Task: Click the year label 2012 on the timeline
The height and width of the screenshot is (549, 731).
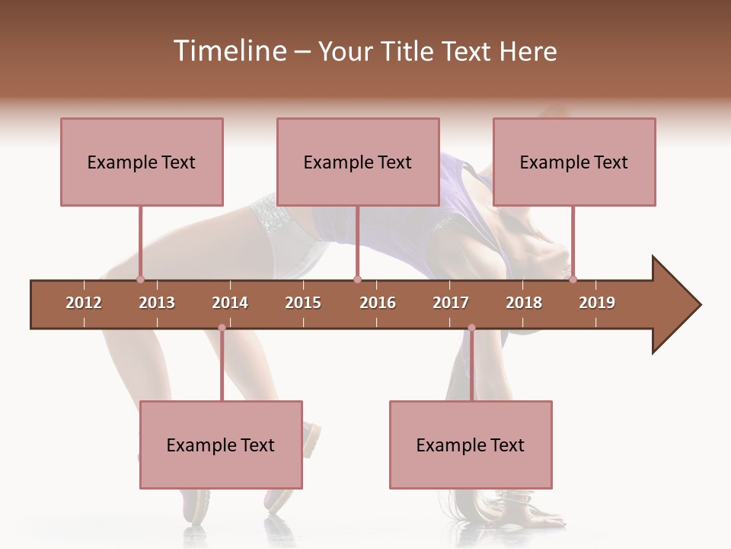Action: point(84,303)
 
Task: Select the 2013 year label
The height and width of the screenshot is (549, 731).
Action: point(157,303)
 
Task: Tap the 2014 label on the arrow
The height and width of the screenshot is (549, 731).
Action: point(230,303)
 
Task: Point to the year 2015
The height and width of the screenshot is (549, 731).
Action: point(303,303)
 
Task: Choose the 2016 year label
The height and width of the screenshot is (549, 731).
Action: point(378,303)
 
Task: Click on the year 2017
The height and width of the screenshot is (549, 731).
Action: point(451,303)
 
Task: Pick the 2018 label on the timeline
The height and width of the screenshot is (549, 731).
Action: point(524,303)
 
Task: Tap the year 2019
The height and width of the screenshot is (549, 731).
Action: point(597,303)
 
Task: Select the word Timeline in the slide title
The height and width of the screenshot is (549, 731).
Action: point(228,51)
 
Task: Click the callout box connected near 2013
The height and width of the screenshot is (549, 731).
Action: point(142,162)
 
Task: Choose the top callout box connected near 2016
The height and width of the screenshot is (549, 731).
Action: point(358,162)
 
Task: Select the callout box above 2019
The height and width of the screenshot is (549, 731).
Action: point(574,162)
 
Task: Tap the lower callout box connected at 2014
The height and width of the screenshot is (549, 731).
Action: point(221,445)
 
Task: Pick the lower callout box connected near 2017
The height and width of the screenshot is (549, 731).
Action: point(471,445)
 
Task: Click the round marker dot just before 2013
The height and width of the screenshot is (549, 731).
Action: point(140,279)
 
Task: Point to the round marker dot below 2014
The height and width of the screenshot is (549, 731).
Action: point(222,328)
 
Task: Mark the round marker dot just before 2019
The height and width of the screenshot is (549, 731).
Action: point(573,279)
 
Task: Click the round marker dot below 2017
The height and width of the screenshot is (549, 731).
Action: point(471,328)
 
